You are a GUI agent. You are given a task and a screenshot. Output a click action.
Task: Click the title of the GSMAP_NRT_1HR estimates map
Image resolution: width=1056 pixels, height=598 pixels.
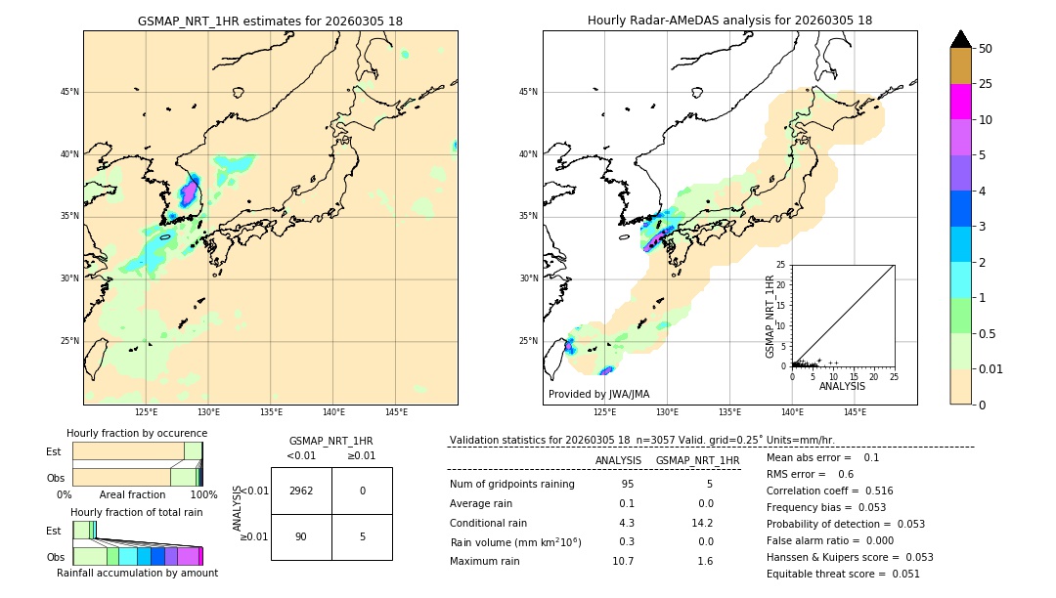click(x=270, y=21)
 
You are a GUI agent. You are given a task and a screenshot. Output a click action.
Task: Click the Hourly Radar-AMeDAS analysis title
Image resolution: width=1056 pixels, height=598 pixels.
click(x=729, y=21)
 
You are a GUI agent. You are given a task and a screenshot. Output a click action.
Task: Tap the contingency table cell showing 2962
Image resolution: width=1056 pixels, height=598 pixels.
click(x=301, y=491)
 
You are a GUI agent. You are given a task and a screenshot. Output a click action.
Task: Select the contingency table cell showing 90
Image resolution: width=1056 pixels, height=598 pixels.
click(x=301, y=535)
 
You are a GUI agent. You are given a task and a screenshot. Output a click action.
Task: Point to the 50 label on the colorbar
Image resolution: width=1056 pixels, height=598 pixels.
click(x=986, y=48)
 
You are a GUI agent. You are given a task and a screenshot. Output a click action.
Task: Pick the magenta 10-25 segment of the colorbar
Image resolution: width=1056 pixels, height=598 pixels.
click(x=960, y=102)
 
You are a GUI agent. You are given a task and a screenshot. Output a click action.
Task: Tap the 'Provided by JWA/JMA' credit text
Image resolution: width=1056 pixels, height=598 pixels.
click(x=598, y=394)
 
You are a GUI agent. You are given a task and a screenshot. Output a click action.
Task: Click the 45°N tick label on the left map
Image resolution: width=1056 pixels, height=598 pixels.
click(x=69, y=92)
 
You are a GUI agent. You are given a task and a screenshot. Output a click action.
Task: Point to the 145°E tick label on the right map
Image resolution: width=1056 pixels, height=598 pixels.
click(x=855, y=412)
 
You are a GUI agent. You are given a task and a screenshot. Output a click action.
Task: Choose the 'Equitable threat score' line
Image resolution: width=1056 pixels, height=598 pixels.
click(x=843, y=574)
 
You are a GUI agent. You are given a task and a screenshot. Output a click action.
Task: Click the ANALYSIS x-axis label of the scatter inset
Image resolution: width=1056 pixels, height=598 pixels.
click(x=842, y=386)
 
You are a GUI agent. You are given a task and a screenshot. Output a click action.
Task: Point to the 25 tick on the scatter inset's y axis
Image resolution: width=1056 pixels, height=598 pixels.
click(x=781, y=265)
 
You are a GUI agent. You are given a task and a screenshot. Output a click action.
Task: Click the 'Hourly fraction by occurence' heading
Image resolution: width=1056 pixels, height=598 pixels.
click(x=137, y=433)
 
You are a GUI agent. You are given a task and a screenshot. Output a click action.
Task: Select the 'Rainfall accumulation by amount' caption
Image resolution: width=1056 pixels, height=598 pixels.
click(x=137, y=573)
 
